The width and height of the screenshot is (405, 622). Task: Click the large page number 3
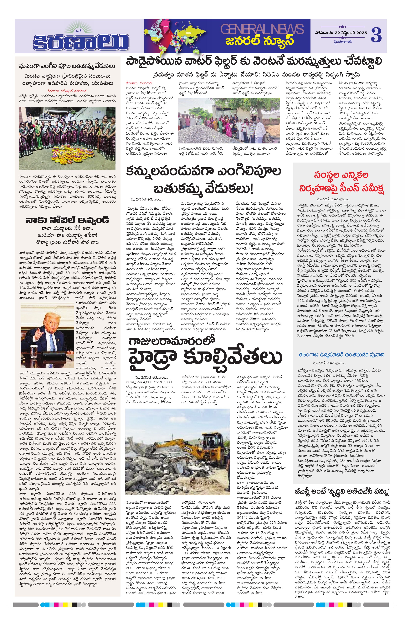coord(376,35)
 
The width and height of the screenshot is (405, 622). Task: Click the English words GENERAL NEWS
coord(262,29)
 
